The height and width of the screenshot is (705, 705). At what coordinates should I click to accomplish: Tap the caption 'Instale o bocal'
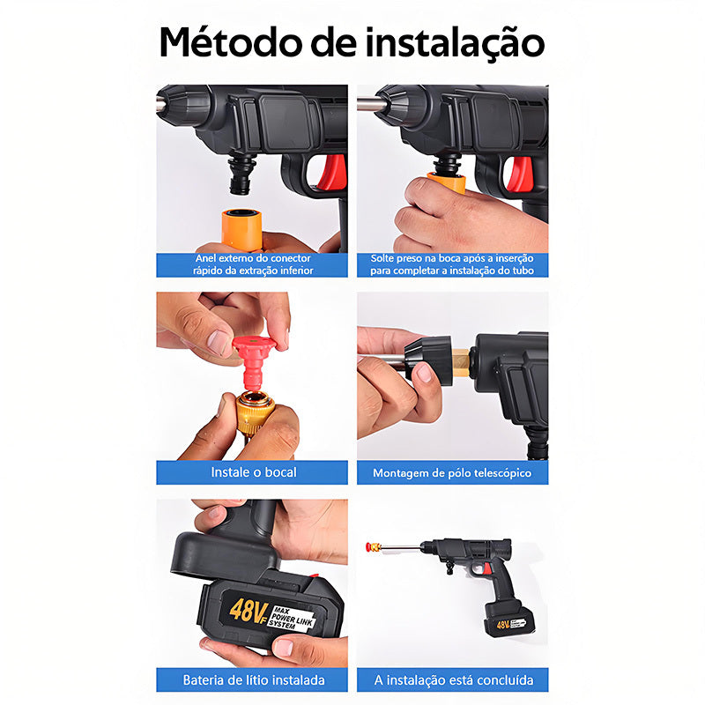click(x=254, y=472)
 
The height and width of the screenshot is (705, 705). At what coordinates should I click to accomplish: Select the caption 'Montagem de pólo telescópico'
click(x=452, y=472)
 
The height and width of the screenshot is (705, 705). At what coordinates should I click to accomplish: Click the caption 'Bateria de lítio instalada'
click(x=254, y=679)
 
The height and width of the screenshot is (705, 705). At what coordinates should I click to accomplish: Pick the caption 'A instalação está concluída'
click(x=452, y=679)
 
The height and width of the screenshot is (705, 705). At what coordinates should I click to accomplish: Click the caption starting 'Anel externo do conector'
click(x=254, y=264)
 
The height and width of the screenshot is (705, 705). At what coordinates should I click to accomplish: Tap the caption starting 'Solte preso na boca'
click(x=452, y=264)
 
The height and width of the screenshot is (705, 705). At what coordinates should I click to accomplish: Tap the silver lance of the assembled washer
click(x=404, y=545)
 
